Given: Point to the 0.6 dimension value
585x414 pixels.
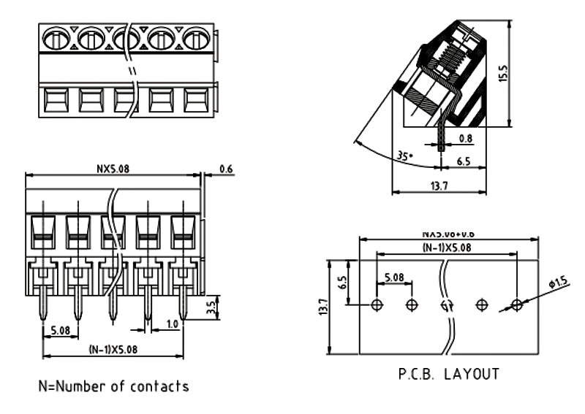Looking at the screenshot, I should (225, 169).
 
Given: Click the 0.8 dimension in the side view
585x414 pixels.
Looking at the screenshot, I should (464, 137).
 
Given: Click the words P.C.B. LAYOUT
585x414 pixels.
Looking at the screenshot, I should (448, 375).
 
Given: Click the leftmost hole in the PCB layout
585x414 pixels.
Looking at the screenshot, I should (377, 304).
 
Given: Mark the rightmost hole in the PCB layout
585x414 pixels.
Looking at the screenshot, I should (516, 304).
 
